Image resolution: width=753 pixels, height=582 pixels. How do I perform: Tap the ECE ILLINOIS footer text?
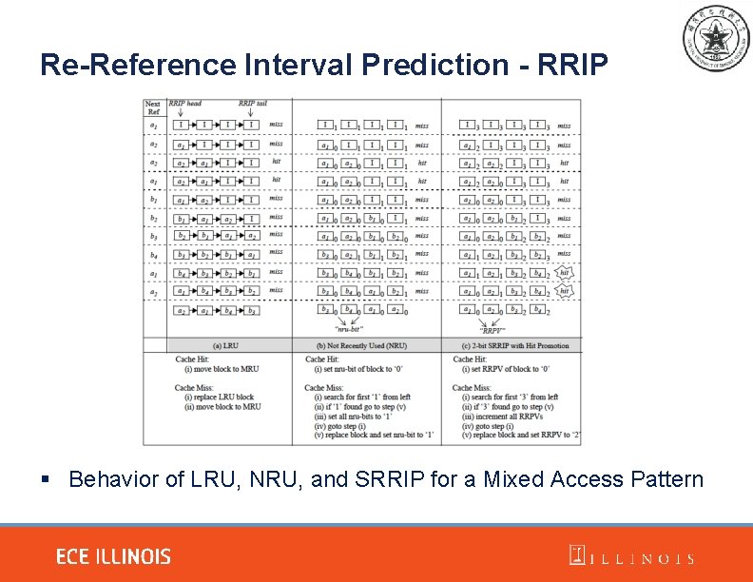[113, 556]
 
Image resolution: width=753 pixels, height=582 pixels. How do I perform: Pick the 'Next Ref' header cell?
[153, 107]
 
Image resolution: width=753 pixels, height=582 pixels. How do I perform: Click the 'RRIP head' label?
[185, 104]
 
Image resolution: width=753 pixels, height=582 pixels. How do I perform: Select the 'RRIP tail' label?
[252, 104]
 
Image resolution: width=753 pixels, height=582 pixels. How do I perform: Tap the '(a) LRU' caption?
[228, 345]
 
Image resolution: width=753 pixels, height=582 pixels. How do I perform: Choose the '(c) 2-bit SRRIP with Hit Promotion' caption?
[513, 345]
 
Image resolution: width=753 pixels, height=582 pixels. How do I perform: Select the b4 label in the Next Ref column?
[153, 255]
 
